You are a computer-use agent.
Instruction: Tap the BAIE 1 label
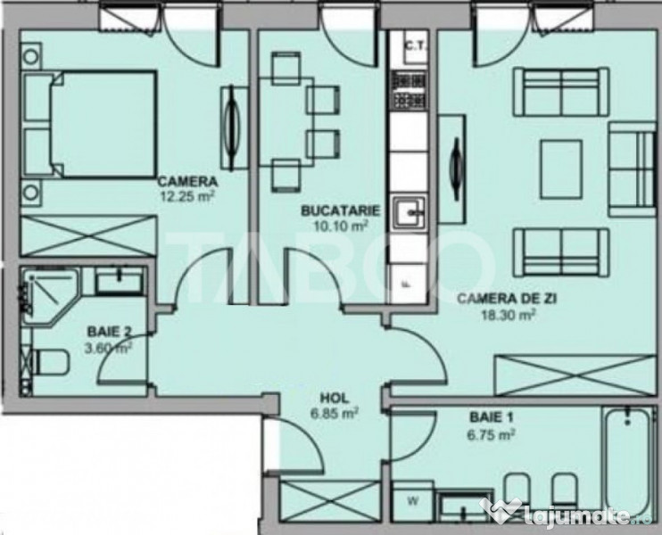point(486,416)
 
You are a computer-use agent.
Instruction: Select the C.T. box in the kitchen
point(413,45)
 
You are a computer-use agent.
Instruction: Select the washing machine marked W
point(413,499)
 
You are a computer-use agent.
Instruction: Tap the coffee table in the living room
point(561,169)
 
